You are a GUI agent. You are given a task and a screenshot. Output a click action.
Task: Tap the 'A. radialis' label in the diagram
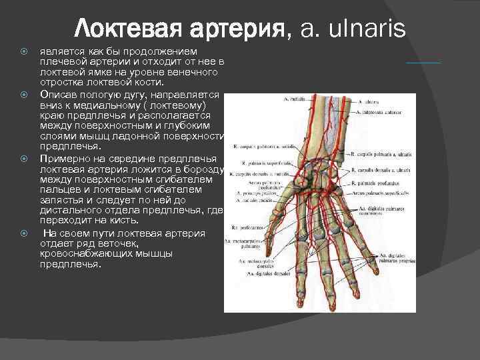293,99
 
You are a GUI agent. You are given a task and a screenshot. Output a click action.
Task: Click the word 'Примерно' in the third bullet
62,158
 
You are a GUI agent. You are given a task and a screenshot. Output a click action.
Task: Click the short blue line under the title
423,62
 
